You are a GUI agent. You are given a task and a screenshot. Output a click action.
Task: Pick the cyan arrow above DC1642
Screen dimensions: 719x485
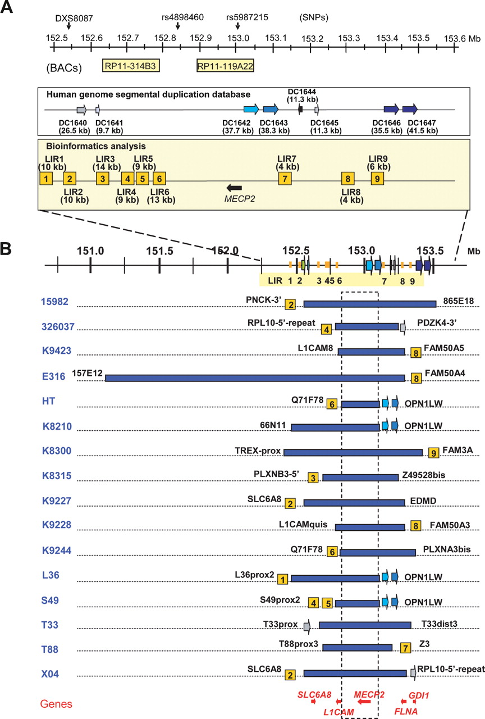click(251, 109)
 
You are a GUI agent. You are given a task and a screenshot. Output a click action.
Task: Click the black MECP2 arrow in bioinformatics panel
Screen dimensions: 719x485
click(234, 188)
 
